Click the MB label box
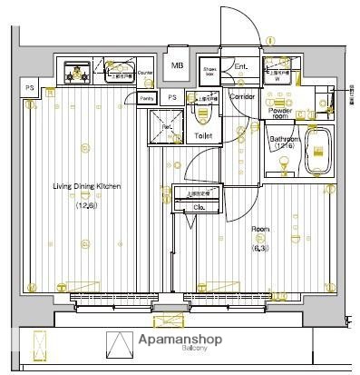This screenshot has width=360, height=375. (x=179, y=66)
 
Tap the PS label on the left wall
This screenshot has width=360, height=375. (x=30, y=88)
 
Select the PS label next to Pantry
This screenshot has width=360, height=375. (x=171, y=97)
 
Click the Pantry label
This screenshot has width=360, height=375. (x=147, y=97)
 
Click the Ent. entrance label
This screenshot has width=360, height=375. (x=240, y=66)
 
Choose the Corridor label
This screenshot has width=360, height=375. (x=241, y=95)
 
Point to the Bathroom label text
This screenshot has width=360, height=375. (x=283, y=138)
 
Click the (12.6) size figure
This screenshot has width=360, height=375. (x=86, y=205)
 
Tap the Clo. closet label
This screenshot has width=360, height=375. (x=199, y=208)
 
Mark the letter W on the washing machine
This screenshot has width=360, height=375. (x=277, y=78)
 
